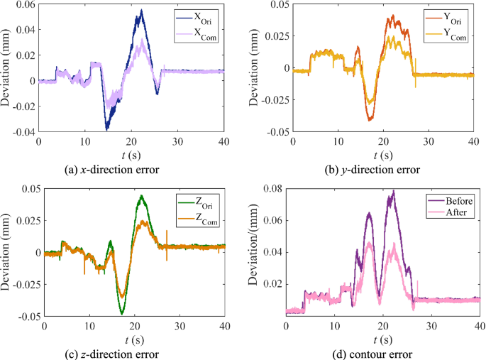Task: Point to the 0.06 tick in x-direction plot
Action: (x=23, y=5)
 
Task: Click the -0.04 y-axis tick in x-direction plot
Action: (x=21, y=132)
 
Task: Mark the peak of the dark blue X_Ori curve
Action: (x=142, y=11)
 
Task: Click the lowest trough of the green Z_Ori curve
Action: (x=121, y=313)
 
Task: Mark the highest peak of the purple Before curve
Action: (x=393, y=191)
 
